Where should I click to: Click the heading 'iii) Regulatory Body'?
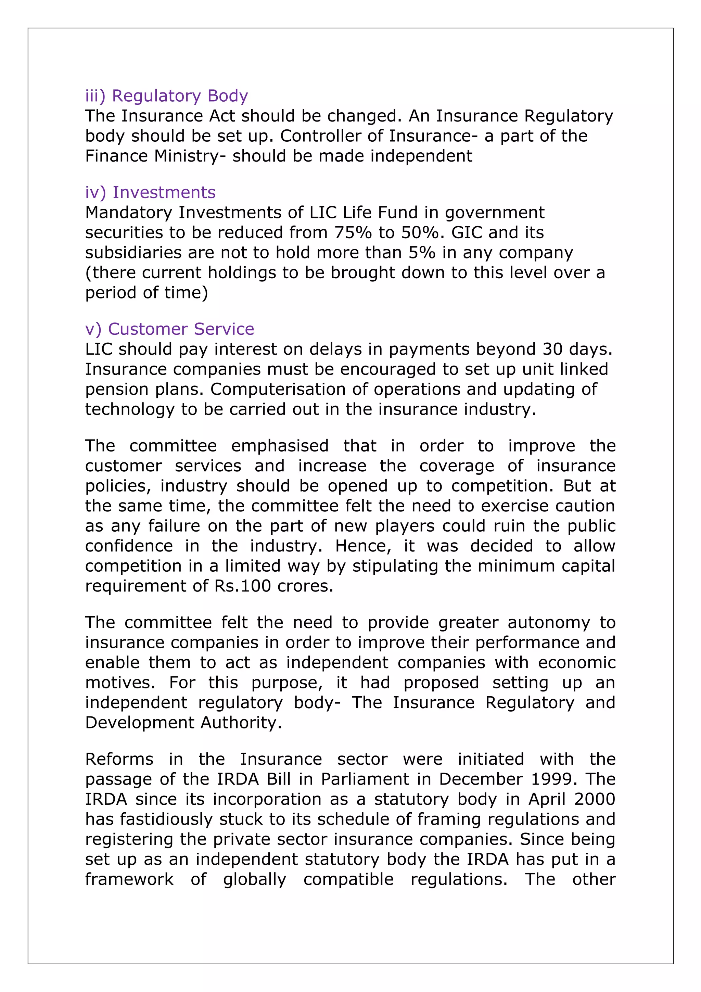click(x=166, y=96)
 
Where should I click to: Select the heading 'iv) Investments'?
click(x=150, y=192)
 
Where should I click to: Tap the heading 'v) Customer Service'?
click(x=169, y=329)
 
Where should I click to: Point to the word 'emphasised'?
click(x=280, y=446)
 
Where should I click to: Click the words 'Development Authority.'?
click(x=183, y=723)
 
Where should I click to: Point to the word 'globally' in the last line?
click(x=254, y=879)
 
